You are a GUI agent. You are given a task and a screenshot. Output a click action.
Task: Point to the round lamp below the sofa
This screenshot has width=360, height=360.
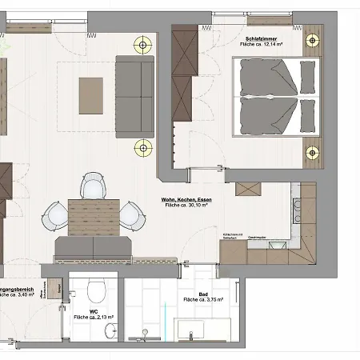click(x=143, y=146)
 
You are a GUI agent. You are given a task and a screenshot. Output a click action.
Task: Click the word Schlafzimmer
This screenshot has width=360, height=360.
click(x=262, y=38)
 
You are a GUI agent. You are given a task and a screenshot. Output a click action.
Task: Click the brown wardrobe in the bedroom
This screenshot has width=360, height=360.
click(x=185, y=80)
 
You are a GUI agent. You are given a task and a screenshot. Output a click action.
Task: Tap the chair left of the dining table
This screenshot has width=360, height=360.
click(x=55, y=214)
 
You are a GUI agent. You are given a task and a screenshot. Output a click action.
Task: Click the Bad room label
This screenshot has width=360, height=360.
click(x=202, y=293)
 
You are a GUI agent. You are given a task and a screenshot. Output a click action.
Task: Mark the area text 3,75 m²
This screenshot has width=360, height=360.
click(x=202, y=300)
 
